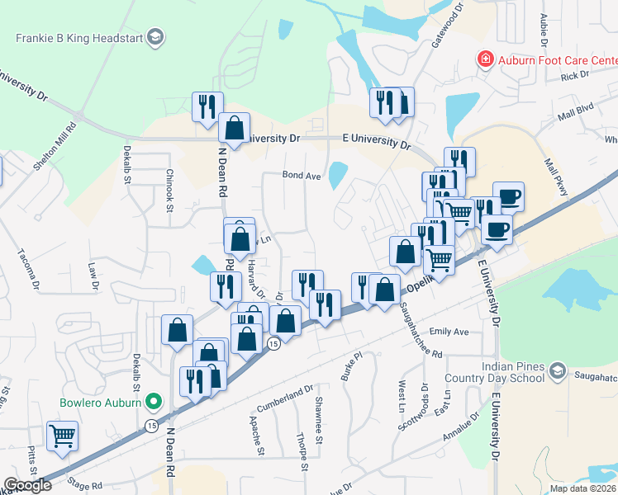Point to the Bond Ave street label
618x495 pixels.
[x=301, y=175]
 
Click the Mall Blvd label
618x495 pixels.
[x=575, y=112]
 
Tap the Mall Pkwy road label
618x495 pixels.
[x=553, y=178]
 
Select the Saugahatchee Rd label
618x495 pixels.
[x=421, y=330]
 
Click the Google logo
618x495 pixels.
[x=27, y=485]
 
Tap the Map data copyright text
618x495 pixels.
[x=582, y=488]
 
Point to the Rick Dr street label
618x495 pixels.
[x=573, y=75]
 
